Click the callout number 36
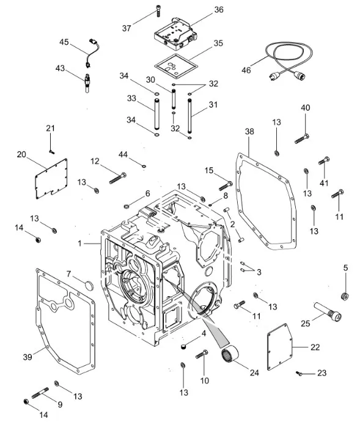tap(219, 10)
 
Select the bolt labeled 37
tap(158, 11)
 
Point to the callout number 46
tap(246, 70)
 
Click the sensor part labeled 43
tap(87, 83)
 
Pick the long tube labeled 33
tap(156, 114)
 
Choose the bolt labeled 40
tap(302, 138)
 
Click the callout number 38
tap(249, 132)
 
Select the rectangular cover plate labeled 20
tap(51, 179)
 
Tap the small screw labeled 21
tap(51, 152)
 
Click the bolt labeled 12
tap(118, 178)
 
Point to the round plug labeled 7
tap(89, 286)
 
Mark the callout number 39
tap(28, 357)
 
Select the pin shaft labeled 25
tap(328, 311)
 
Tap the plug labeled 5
tap(345, 296)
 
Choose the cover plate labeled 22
tap(280, 347)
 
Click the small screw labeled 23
tap(299, 373)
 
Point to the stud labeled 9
tap(40, 393)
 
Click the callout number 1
tap(80, 243)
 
